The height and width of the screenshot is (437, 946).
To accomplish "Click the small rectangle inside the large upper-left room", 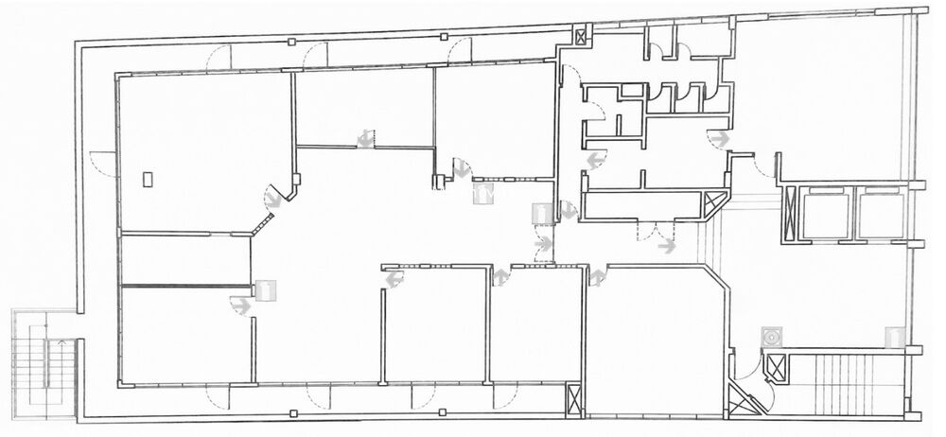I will (x=148, y=179).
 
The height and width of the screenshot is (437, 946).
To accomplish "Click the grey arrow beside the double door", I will (x=667, y=248).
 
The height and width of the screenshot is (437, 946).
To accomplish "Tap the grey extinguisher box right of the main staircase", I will (x=892, y=336).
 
